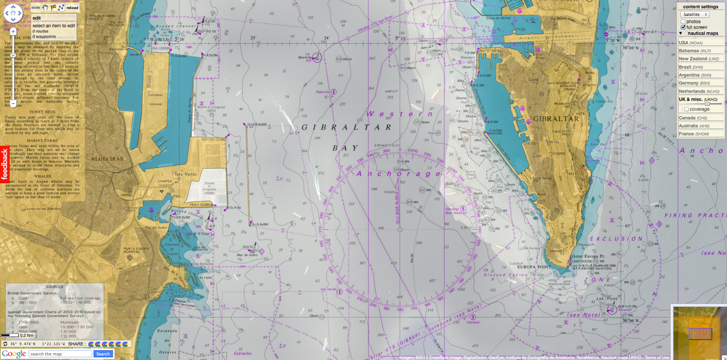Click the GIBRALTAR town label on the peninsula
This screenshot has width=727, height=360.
556,119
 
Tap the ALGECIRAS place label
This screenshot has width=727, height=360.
107,159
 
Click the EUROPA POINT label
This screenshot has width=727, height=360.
534,267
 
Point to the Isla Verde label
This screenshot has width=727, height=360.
186,174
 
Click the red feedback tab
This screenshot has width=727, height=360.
5,164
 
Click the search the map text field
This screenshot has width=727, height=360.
61,354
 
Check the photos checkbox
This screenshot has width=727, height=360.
683,21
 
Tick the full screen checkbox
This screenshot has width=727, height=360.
683,27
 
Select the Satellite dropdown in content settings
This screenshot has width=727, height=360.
695,15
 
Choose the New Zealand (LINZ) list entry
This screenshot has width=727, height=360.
699,59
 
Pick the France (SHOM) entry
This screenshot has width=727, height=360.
694,134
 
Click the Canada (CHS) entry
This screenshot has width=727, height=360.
693,118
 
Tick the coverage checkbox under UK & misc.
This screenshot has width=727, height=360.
687,109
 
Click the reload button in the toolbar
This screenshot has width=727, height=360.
72,8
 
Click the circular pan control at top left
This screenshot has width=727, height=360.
13,13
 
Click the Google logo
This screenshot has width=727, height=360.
14,354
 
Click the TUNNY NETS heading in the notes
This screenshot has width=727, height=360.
42,112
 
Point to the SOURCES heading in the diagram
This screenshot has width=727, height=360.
55,287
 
